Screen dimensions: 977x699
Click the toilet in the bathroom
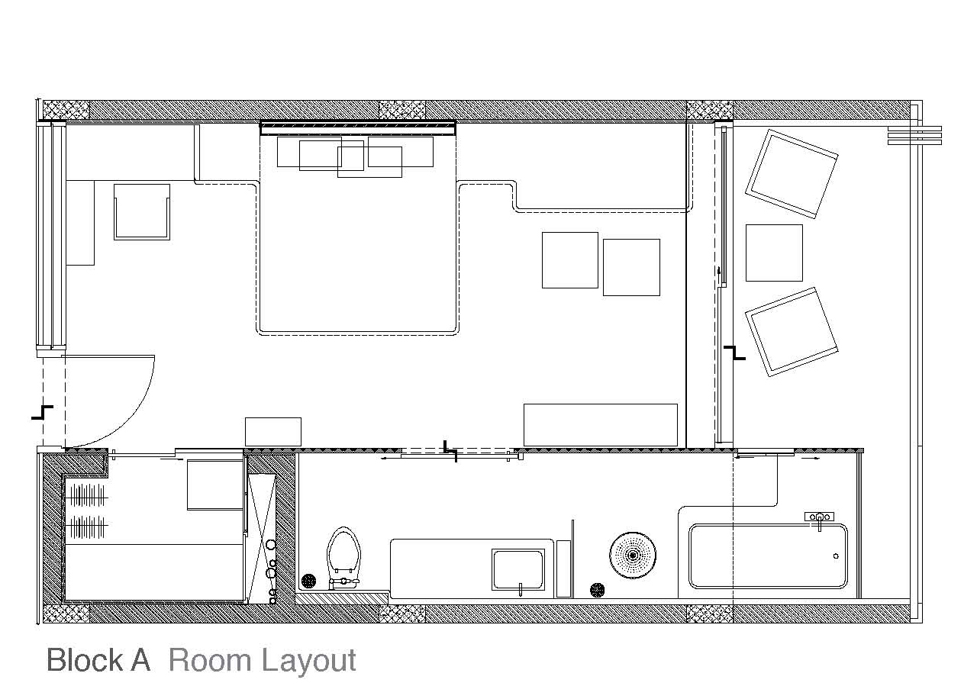point(343,558)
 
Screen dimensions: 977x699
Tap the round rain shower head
point(633,555)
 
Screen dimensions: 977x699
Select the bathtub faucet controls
point(819,519)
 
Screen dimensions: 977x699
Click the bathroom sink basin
point(518,569)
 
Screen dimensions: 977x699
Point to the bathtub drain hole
point(836,556)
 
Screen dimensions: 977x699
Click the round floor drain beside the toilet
point(308,581)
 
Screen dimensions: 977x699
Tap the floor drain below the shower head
point(597,591)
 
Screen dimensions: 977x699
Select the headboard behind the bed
point(358,128)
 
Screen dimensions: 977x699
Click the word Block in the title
point(85,660)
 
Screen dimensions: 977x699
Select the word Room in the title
point(209,660)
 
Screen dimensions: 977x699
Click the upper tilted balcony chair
point(792,173)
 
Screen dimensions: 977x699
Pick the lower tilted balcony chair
point(792,332)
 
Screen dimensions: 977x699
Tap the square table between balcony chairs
point(774,253)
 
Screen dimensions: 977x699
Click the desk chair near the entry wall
point(142,212)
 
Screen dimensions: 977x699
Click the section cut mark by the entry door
point(42,412)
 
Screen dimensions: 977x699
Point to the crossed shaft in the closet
point(261,539)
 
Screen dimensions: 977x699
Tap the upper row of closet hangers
point(87,495)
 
